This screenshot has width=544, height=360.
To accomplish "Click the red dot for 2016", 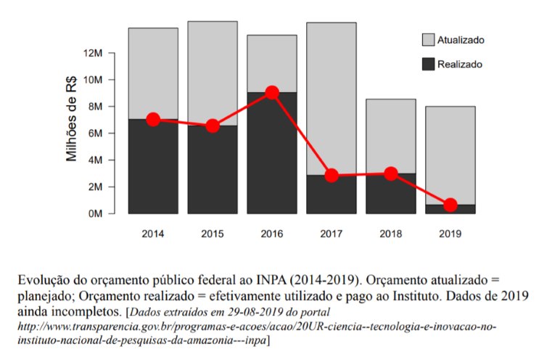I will point(272,92).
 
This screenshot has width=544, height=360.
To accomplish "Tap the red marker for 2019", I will point(450,205).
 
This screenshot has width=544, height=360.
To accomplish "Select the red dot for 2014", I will point(153,120).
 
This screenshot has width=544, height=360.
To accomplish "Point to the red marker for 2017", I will point(331,176).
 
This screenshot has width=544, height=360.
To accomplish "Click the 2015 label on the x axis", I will point(213,234).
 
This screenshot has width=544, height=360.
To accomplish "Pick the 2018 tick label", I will point(391,234).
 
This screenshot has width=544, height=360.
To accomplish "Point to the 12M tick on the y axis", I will point(94,53).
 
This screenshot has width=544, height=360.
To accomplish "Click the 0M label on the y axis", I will point(97,214).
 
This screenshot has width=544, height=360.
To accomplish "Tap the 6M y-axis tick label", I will point(97,134).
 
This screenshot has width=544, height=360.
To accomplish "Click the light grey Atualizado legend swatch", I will point(429,39).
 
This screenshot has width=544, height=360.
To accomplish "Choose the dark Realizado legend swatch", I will point(429,64).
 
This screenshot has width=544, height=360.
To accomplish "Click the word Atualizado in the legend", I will point(461,40).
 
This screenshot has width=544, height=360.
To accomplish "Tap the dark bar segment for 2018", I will point(391,195).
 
